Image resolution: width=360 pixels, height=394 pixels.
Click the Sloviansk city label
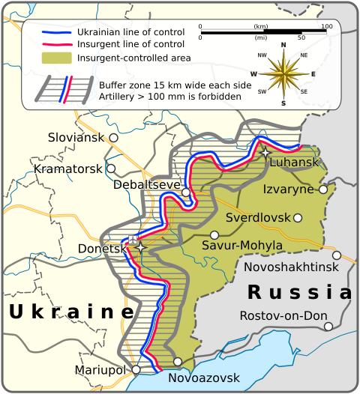pyautogui.click(x=76, y=138)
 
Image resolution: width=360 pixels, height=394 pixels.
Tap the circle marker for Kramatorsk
pyautogui.click(x=111, y=169)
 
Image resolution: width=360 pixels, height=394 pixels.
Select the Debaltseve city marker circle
pyautogui.click(x=186, y=193)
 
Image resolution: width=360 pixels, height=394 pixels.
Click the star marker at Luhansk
pyautogui.click(x=266, y=152)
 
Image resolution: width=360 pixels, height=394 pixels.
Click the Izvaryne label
pyautogui.click(x=288, y=189)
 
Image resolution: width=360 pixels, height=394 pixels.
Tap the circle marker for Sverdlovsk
pyautogui.click(x=298, y=218)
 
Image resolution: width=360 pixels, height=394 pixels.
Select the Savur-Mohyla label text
pyautogui.click(x=242, y=245)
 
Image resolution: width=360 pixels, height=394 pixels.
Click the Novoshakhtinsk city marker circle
pyautogui.click(x=337, y=255)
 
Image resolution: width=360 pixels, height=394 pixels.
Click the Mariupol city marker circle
pyautogui.click(x=136, y=369)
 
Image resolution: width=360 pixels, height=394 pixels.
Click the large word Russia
pyautogui.click(x=299, y=291)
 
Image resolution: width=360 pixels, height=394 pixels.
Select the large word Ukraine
pyautogui.click(x=71, y=311)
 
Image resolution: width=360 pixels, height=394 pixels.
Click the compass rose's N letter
pyautogui.click(x=283, y=46)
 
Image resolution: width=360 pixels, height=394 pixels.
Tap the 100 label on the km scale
pyautogui.click(x=326, y=27)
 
